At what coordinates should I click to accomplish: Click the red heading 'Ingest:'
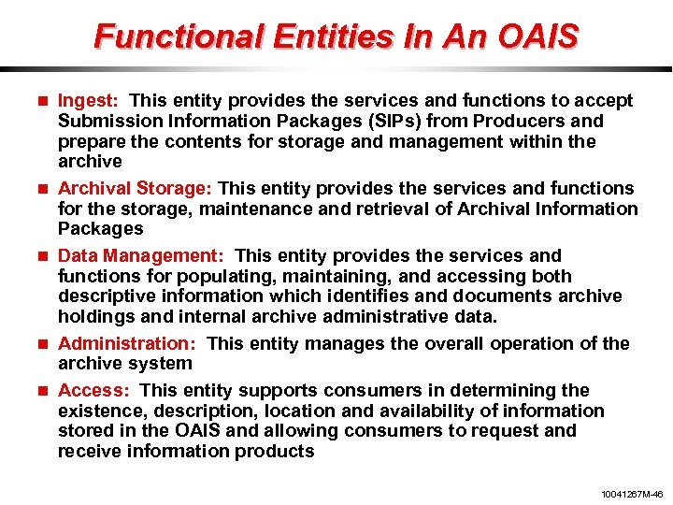click(87, 100)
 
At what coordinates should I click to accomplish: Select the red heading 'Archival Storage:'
click(136, 188)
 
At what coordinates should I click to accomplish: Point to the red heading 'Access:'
click(93, 390)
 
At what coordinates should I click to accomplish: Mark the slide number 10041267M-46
click(631, 493)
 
